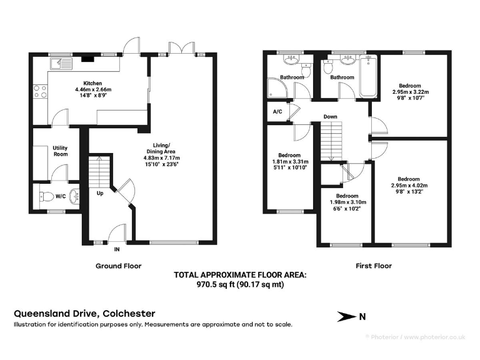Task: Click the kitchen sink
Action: (62, 62)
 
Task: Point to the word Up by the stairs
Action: (99, 193)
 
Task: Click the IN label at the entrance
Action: (116, 249)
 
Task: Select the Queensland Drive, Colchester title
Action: (84, 314)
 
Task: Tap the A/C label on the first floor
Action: (277, 112)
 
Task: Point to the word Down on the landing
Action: (331, 117)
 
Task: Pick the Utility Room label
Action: (61, 151)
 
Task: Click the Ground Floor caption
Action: (118, 266)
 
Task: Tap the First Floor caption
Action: (373, 266)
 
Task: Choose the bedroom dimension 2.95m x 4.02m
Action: (409, 186)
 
